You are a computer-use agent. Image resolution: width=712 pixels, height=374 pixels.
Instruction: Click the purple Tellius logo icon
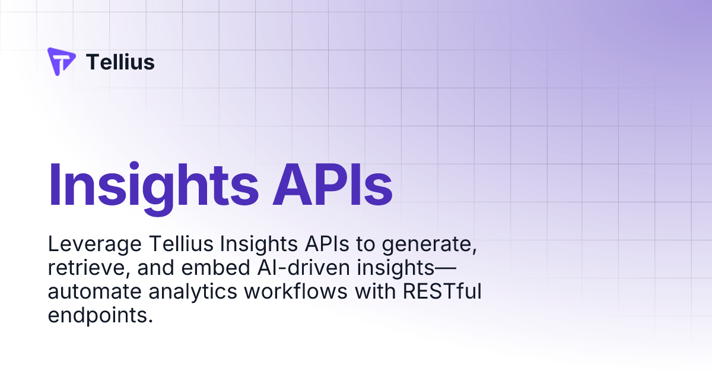[x=61, y=62]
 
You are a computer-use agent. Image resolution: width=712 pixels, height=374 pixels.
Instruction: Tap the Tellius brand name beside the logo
[x=120, y=62]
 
